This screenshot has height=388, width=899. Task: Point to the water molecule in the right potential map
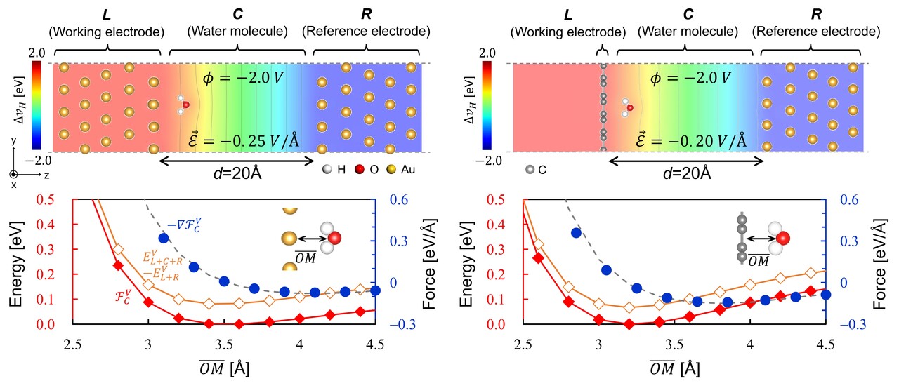(627, 107)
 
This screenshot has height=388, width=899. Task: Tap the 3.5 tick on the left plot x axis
(224, 346)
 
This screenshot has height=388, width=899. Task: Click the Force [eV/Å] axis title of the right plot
(884, 262)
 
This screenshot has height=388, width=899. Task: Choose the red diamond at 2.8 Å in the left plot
(118, 265)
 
